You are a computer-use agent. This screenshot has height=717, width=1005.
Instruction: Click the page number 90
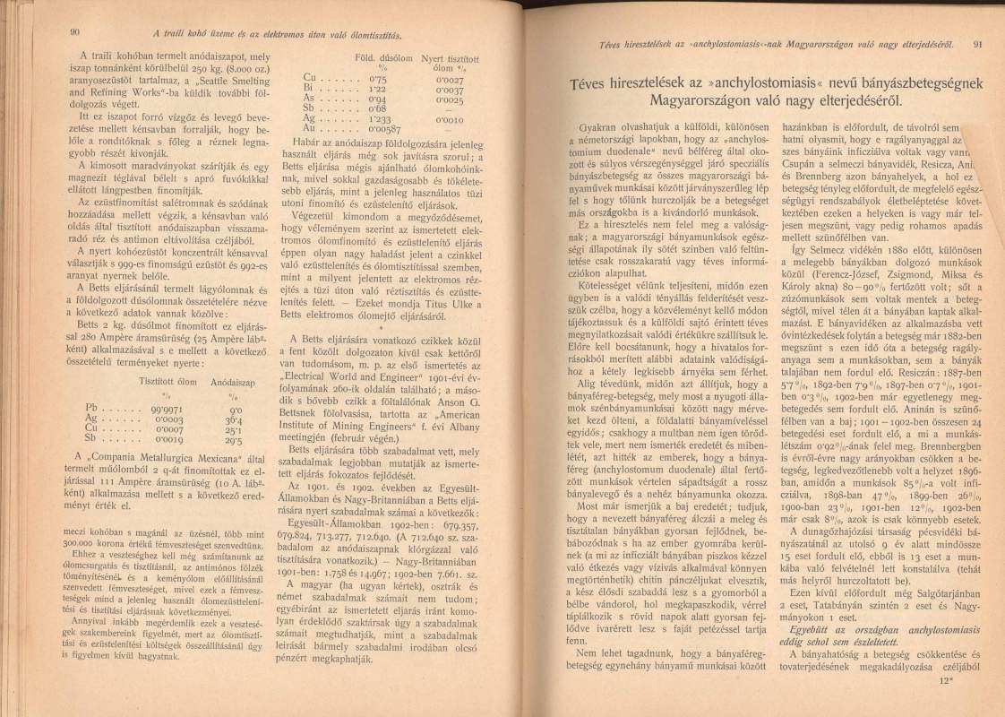tap(74, 33)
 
